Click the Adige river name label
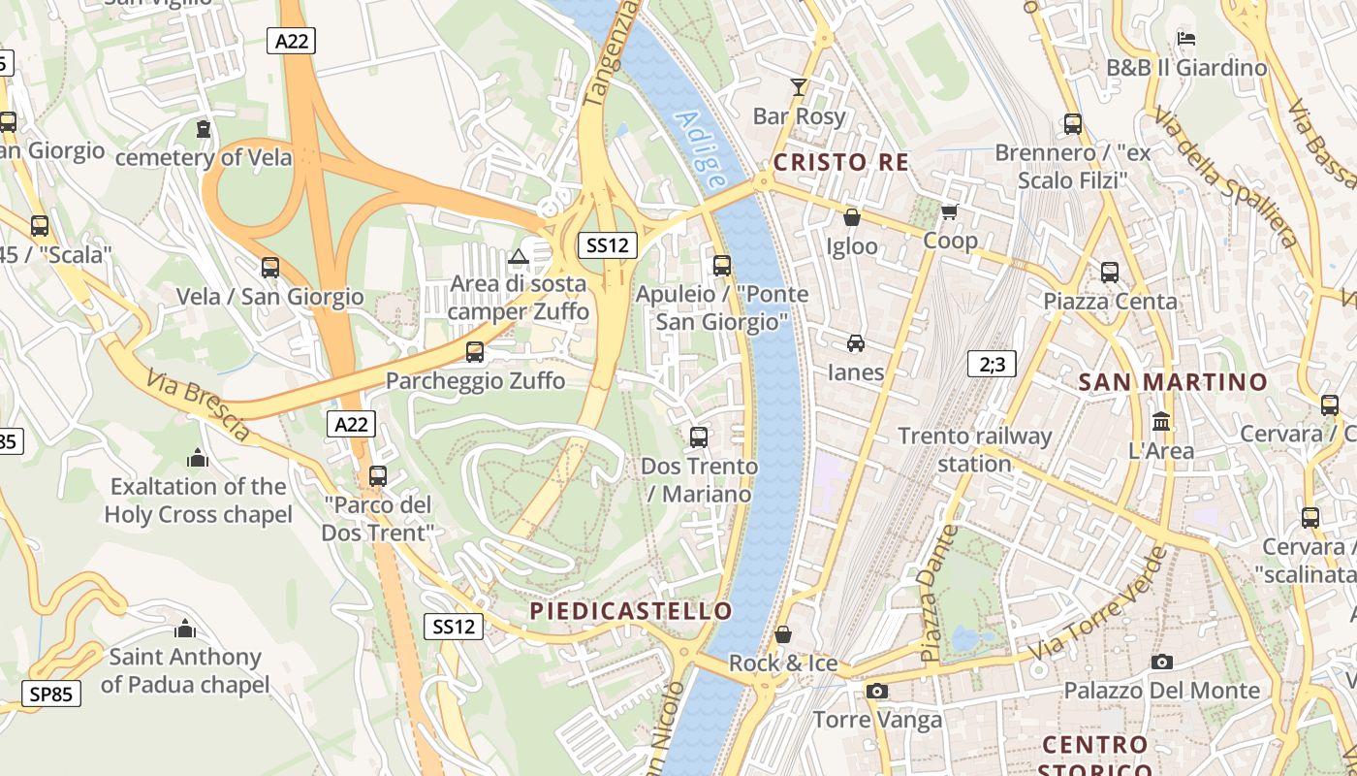pos(701,149)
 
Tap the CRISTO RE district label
pos(841,162)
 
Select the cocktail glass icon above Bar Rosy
pos(798,87)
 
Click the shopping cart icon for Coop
pos(950,211)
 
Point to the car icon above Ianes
pos(855,342)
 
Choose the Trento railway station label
pos(974,449)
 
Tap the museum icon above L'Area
pos(1160,421)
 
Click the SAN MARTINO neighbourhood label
pos(1173,382)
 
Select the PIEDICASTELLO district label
pos(631,611)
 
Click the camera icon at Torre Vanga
pos(876,691)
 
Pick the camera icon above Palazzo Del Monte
pos(1161,662)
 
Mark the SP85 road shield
pos(51,694)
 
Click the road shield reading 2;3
pos(992,365)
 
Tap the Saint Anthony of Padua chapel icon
pos(184,628)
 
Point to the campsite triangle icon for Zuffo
pos(518,257)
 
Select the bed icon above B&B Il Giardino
pos(1186,39)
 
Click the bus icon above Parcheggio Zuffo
pos(474,351)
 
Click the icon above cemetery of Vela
pos(204,128)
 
